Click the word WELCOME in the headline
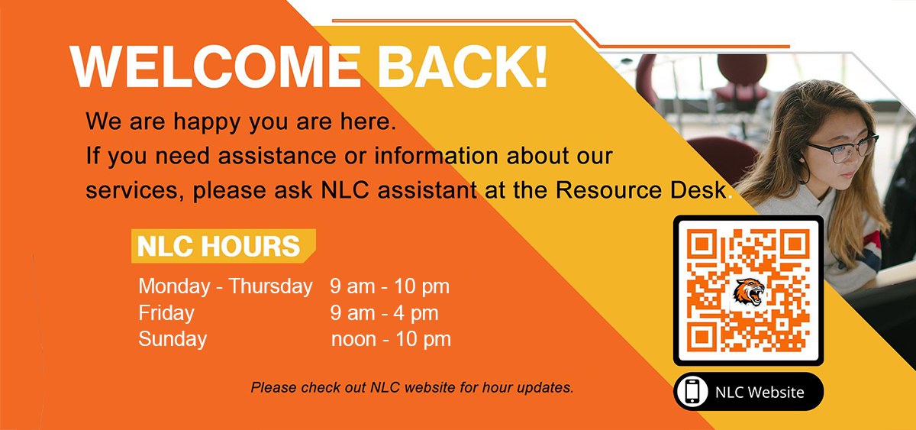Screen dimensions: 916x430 [x=215, y=66]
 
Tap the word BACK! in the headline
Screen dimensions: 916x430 [x=463, y=66]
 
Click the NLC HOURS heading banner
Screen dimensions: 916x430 [x=223, y=246]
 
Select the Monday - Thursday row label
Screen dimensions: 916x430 [x=225, y=286]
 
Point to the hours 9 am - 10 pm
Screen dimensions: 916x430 [x=390, y=286]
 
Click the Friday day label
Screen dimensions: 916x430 [x=166, y=313]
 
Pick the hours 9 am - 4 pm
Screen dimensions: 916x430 [x=385, y=313]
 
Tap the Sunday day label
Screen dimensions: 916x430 [x=173, y=340]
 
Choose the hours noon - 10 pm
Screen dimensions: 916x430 [x=391, y=340]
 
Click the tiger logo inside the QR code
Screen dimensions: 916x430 [x=748, y=291]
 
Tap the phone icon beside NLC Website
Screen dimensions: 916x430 [x=692, y=392]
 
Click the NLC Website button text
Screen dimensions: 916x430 [x=760, y=393]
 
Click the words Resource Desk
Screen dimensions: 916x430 [x=640, y=190]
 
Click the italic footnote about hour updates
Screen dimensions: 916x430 [x=412, y=387]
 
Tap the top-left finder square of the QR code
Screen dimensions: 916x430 [x=702, y=244]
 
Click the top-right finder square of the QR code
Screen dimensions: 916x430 [x=795, y=244]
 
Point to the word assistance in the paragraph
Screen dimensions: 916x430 [x=277, y=156]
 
